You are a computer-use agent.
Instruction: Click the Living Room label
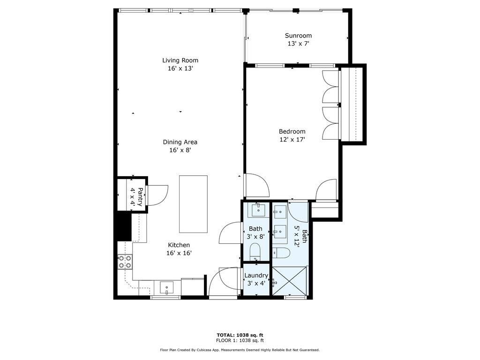coord(180,60)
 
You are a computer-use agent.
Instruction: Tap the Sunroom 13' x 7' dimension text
coord(298,44)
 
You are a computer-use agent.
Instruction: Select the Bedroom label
coord(292,131)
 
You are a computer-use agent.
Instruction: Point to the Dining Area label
coord(180,142)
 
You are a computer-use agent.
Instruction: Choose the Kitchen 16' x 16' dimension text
coord(179,253)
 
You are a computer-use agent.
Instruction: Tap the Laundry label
coord(256,276)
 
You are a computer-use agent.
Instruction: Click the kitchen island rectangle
coord(193,204)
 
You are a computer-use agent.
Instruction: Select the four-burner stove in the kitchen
coord(125,262)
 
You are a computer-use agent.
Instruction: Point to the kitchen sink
coord(166,287)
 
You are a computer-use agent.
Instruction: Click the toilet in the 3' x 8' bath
coord(255,251)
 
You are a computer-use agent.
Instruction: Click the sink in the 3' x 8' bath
coord(257,210)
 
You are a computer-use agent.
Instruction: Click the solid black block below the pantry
coord(123,226)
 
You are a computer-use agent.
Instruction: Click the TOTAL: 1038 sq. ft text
coord(240,335)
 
